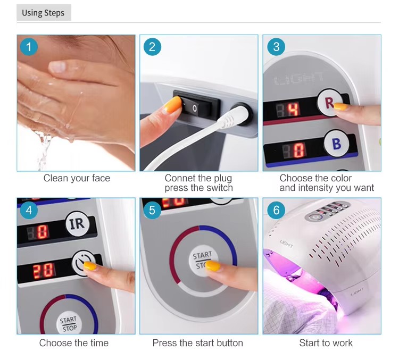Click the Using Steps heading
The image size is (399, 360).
click(x=43, y=13)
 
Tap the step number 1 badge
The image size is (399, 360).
click(x=29, y=47)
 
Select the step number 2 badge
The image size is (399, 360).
click(x=152, y=47)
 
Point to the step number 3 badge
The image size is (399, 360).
click(x=276, y=47)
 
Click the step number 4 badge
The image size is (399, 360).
click(x=29, y=211)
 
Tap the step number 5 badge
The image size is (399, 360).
click(x=152, y=211)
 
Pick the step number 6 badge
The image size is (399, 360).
click(x=276, y=210)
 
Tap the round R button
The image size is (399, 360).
click(x=330, y=103)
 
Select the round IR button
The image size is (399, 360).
click(x=77, y=224)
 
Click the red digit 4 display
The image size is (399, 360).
click(x=294, y=110)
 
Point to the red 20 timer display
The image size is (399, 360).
click(x=44, y=271)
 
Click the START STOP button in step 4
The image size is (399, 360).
click(x=68, y=323)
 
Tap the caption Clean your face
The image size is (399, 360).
click(x=77, y=178)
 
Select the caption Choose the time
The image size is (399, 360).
click(x=74, y=343)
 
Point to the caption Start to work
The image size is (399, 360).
click(x=326, y=343)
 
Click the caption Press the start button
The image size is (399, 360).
click(x=198, y=343)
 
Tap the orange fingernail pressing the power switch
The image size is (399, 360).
click(x=172, y=104)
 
